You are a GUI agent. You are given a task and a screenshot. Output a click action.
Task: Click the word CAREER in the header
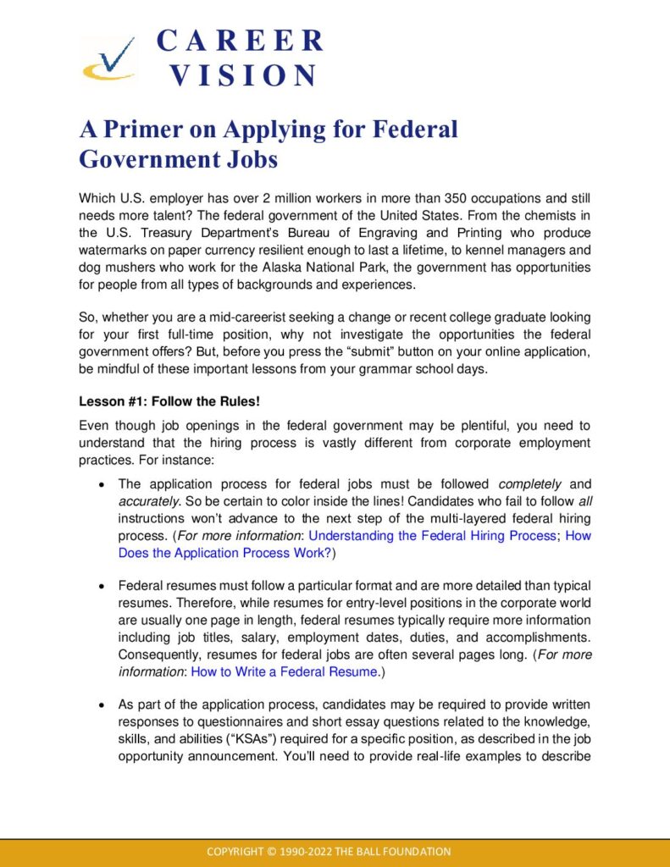[x=241, y=41]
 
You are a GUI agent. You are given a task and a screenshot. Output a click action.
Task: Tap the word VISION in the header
[x=243, y=75]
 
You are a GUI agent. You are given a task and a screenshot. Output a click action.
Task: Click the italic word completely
[x=530, y=484]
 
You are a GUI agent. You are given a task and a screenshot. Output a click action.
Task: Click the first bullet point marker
[x=102, y=485]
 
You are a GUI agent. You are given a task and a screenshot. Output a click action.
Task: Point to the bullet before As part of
[x=102, y=705]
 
